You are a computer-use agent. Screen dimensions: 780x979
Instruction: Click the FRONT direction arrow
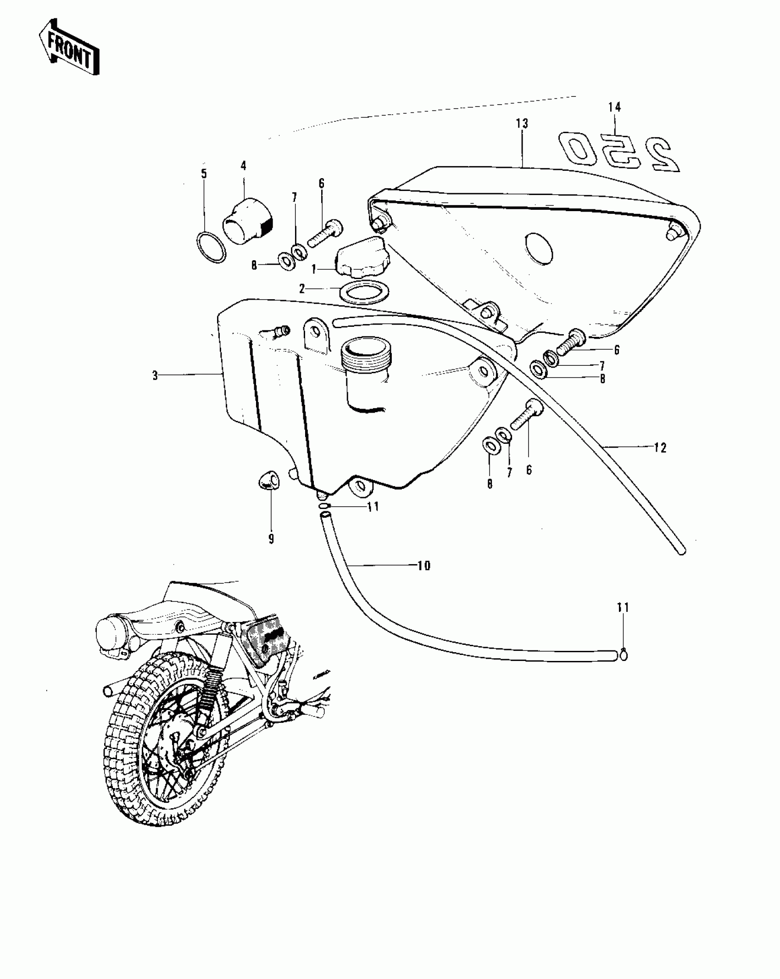tap(69, 48)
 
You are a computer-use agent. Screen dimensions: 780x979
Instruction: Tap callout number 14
tap(614, 107)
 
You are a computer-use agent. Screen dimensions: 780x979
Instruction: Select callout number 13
tap(522, 123)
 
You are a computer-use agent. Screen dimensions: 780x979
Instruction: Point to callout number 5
tap(204, 174)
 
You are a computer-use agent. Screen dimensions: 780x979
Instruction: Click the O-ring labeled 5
tap(212, 248)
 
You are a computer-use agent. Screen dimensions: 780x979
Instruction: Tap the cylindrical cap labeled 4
tap(248, 221)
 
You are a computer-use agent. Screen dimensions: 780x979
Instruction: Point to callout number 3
tap(155, 375)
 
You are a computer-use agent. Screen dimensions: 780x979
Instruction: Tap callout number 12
tap(660, 448)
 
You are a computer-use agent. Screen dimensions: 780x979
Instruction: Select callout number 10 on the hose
tap(424, 566)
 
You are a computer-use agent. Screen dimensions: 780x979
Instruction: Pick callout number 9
tap(271, 539)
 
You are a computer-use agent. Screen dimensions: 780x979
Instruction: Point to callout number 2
tap(302, 289)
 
